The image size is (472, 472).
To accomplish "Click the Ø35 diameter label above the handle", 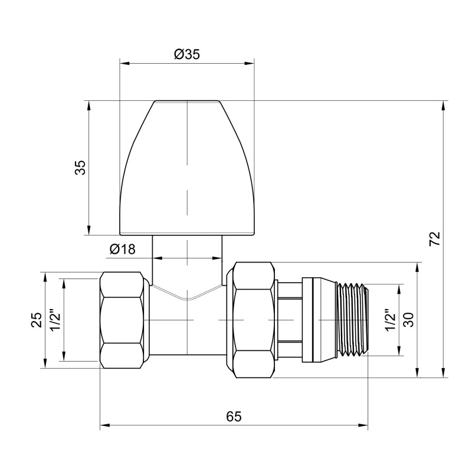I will tap(187, 54).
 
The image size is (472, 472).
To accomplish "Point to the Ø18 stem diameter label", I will tap(122, 249).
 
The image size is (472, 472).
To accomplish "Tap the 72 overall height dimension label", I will tap(435, 239).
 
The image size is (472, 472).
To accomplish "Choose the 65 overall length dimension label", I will tap(234, 416).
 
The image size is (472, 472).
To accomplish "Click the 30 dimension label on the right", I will tap(409, 319).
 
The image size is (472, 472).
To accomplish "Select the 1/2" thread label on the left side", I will tap(55, 320).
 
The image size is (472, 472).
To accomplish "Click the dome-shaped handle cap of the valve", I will tap(186, 168).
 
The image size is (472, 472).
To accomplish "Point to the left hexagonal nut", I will tap(123, 319).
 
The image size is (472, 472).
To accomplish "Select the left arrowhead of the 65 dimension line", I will tap(104, 424).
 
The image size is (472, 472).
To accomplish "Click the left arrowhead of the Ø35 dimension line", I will tap(124, 62).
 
